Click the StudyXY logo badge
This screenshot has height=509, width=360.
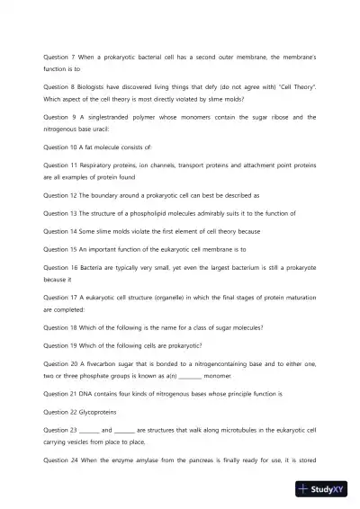(x=327, y=489)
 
